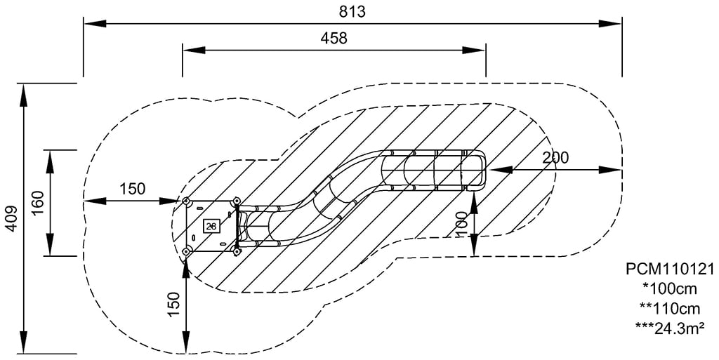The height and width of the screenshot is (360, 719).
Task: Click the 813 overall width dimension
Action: click(x=352, y=11)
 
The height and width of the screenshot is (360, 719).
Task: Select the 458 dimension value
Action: click(x=334, y=38)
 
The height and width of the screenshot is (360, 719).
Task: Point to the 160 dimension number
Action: click(x=39, y=203)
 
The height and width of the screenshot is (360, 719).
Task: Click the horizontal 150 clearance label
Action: click(x=132, y=189)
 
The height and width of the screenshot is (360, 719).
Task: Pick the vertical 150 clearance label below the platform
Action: click(x=174, y=302)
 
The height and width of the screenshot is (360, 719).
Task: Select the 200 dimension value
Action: click(x=555, y=158)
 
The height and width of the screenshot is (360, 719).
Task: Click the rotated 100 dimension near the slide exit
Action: click(x=462, y=224)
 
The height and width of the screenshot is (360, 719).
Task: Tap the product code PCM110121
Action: click(x=669, y=269)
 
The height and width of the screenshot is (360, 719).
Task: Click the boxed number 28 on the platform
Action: click(x=211, y=225)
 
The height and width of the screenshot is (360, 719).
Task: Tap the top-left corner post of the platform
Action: click(x=187, y=202)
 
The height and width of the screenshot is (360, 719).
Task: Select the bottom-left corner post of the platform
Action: click(x=187, y=251)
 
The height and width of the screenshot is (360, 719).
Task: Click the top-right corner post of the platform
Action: click(x=236, y=202)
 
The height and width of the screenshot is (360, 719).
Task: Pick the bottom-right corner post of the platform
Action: click(x=237, y=251)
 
